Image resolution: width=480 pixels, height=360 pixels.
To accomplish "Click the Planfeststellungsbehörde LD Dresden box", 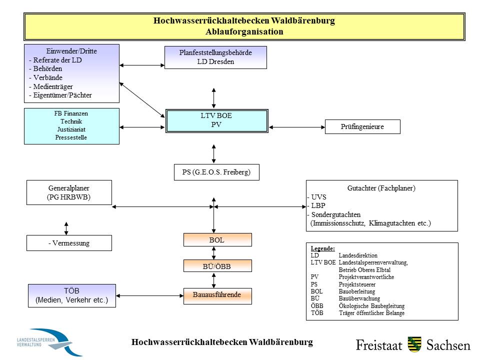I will pyautogui.click(x=215, y=57).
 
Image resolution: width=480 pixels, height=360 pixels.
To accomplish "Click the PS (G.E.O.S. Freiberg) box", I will pyautogui.click(x=216, y=172).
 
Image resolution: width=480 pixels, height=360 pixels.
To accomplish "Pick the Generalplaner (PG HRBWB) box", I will pyautogui.click(x=69, y=192).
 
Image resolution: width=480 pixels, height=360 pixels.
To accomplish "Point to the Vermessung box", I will pyautogui.click(x=69, y=243).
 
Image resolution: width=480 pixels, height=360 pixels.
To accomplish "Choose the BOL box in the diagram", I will pyautogui.click(x=216, y=240).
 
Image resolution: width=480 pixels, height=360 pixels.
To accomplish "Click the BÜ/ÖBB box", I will pyautogui.click(x=216, y=266).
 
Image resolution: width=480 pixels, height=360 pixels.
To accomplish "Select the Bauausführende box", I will pyautogui.click(x=216, y=295).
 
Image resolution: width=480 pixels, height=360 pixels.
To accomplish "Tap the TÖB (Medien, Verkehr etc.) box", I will pyautogui.click(x=71, y=295).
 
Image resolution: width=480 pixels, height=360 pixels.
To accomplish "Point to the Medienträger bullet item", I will pyautogui.click(x=52, y=86).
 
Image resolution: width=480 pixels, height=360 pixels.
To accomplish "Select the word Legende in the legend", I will pyautogui.click(x=322, y=248).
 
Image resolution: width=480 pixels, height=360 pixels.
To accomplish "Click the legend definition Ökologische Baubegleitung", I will pyautogui.click(x=371, y=306).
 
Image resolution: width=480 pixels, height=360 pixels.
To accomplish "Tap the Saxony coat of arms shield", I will pyautogui.click(x=414, y=344).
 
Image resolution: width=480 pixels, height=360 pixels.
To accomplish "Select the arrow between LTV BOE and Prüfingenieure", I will pyautogui.click(x=297, y=127).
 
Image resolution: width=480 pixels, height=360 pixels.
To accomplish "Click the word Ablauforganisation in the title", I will pyautogui.click(x=244, y=31).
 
